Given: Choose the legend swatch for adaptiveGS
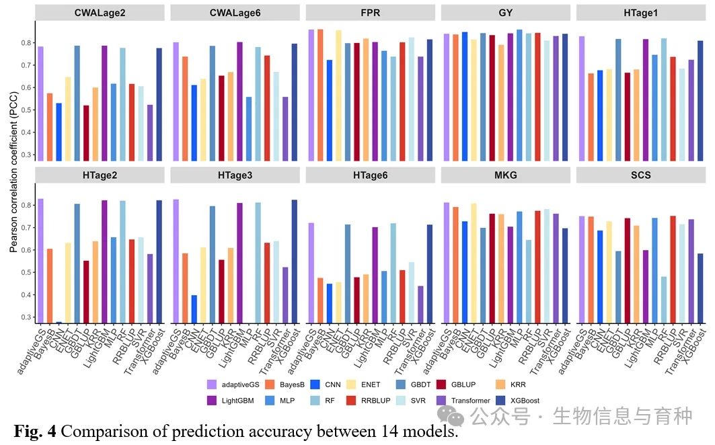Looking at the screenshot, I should [x=212, y=385].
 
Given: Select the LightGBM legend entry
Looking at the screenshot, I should [x=212, y=401].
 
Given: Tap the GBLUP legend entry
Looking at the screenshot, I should [x=441, y=385].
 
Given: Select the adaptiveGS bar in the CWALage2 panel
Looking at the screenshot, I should [x=40, y=104].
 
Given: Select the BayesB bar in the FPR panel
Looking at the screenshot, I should [x=320, y=95].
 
